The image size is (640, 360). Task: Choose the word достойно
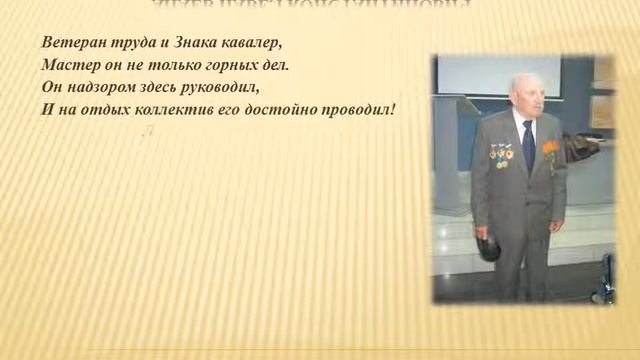tap(286, 108)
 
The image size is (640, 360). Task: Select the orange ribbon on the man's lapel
tap(549, 151)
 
